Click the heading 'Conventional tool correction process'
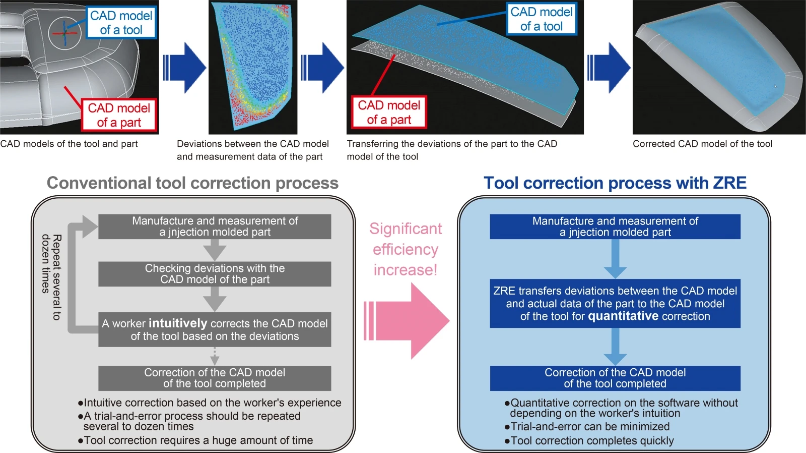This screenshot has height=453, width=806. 192,183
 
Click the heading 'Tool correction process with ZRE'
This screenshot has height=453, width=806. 615,183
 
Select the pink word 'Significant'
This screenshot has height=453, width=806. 406,229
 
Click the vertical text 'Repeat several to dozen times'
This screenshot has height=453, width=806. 51,277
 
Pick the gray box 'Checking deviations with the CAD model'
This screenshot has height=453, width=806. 215,274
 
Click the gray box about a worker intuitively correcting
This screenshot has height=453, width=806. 215,329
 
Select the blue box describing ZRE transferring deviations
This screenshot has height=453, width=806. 615,303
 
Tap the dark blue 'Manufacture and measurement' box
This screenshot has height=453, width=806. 615,227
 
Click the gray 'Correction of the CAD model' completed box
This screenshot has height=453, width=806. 215,378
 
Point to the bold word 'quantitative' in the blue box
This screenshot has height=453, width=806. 623,316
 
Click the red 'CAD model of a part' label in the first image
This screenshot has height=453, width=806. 119,115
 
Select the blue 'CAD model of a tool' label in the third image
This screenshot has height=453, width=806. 541,19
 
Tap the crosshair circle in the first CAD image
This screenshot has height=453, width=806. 64,33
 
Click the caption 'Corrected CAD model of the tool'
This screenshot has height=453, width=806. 702,144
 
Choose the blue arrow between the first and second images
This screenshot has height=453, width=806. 184,68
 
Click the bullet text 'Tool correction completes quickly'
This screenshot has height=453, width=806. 592,440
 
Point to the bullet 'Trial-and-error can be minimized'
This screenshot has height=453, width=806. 590,426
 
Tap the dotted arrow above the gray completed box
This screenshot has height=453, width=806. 215,357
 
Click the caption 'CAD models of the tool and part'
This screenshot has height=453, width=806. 69,144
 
